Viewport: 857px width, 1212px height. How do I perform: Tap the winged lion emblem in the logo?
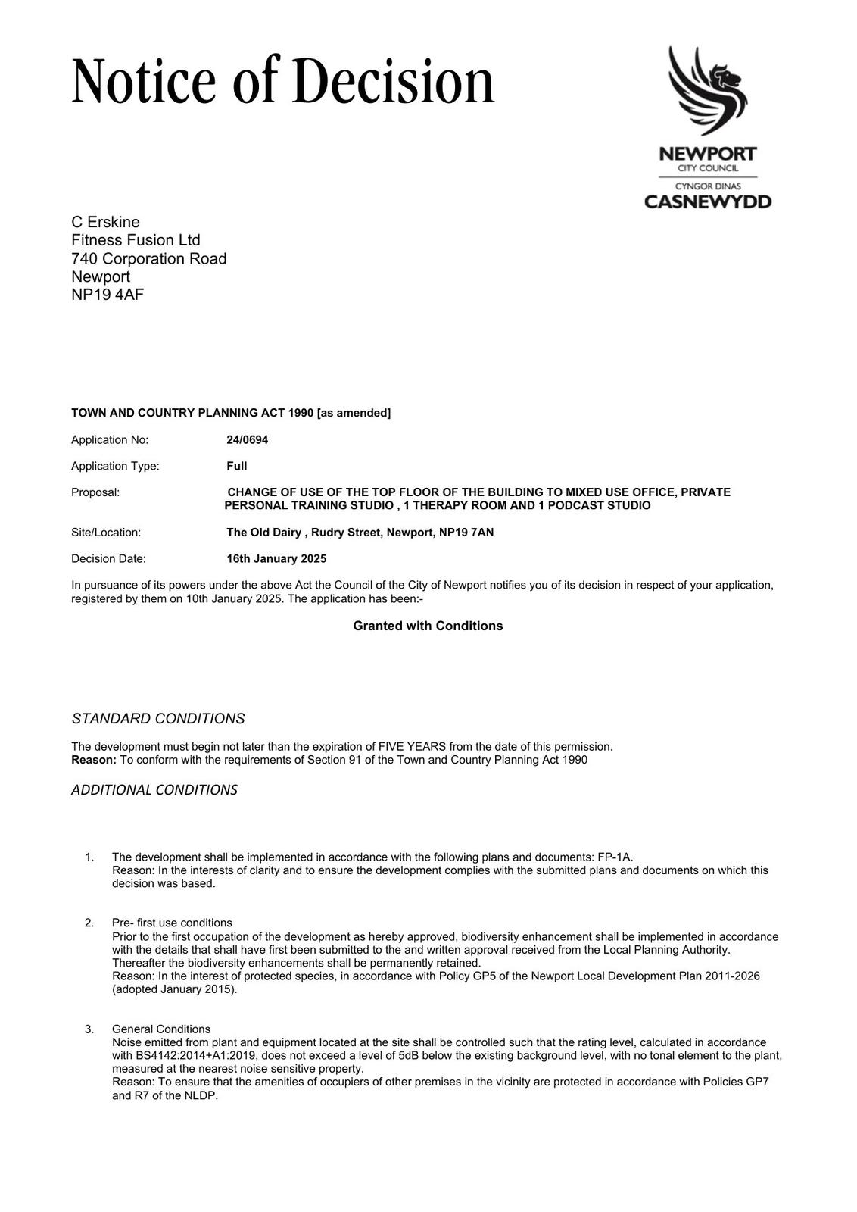(x=706, y=90)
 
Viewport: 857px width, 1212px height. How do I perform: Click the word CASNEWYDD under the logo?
(x=707, y=201)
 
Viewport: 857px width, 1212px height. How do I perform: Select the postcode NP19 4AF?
(x=108, y=295)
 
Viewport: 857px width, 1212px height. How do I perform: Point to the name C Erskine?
(x=105, y=222)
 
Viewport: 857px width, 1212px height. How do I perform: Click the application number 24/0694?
(x=247, y=439)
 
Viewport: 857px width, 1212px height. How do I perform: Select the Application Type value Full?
(x=236, y=466)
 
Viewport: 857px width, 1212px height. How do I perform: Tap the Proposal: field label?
(x=95, y=492)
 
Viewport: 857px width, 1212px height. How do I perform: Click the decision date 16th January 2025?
(x=276, y=558)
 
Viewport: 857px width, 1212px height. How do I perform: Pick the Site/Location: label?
(x=106, y=533)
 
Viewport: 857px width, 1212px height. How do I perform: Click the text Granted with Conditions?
(x=428, y=626)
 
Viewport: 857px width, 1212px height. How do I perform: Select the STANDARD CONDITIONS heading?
(x=157, y=718)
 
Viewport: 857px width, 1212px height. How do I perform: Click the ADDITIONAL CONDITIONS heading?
(x=154, y=790)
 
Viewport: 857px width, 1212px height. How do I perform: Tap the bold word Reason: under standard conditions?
(x=94, y=760)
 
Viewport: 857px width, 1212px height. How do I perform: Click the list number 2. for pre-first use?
(x=89, y=923)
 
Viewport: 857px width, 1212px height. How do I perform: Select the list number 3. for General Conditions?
(x=89, y=1029)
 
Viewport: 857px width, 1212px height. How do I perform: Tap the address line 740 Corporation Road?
(x=148, y=258)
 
